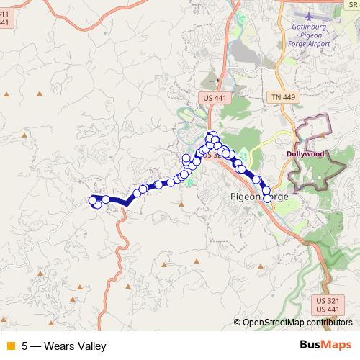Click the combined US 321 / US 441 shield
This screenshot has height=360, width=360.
tap(327, 304)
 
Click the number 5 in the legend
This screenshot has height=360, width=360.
tap(24, 346)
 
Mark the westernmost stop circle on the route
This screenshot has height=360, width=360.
tap(91, 199)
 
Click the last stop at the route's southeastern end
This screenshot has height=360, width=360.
tap(268, 198)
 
